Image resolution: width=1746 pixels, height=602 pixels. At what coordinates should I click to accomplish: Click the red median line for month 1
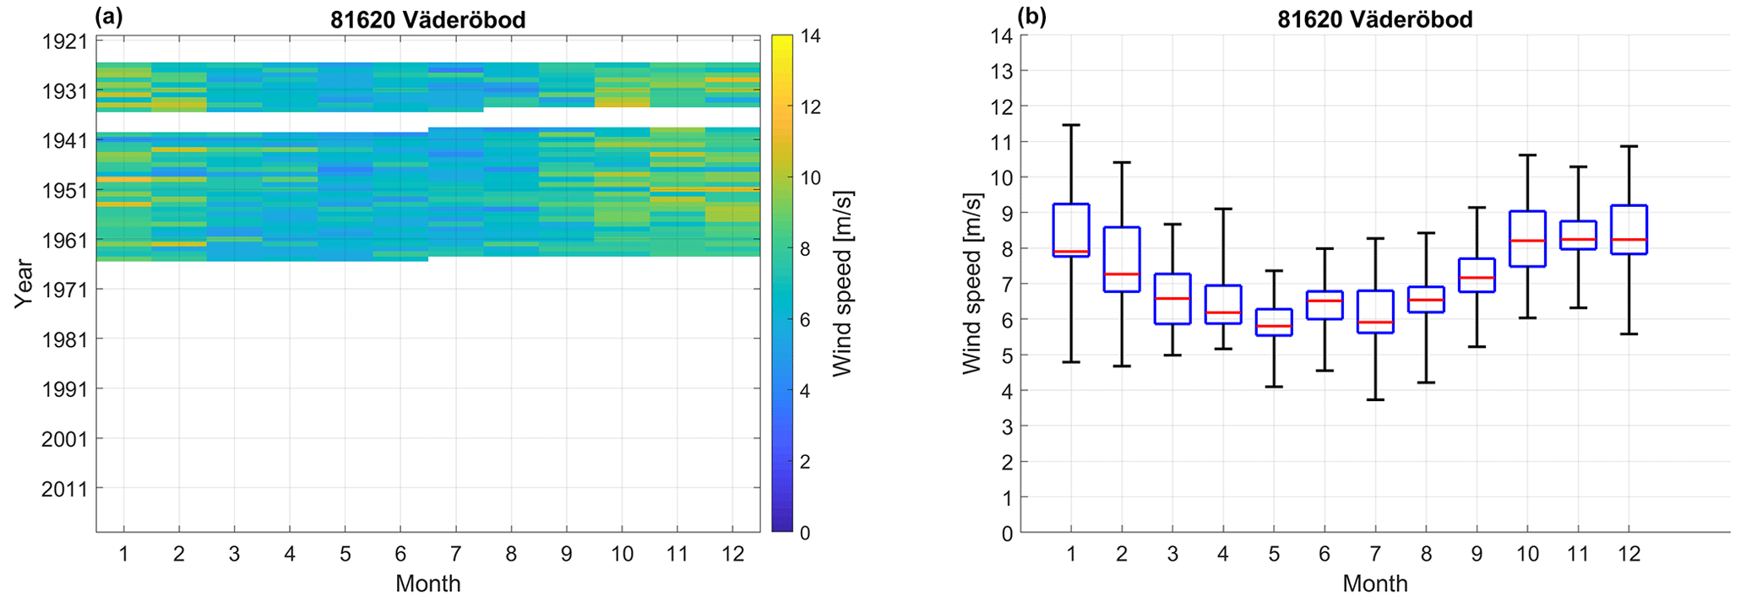(x=1071, y=252)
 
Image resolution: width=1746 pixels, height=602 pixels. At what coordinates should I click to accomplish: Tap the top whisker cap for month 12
(x=1629, y=146)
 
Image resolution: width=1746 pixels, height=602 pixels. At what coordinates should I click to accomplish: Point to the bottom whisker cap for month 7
(x=1375, y=399)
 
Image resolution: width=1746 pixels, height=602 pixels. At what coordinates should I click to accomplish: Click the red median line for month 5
(x=1274, y=326)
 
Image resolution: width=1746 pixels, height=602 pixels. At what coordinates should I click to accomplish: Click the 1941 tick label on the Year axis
(x=65, y=140)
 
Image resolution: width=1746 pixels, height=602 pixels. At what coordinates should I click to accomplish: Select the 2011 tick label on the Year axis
(x=65, y=489)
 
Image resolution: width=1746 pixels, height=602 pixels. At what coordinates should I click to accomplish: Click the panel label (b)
(x=1032, y=17)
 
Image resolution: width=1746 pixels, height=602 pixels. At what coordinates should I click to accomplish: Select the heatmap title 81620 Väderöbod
(x=427, y=19)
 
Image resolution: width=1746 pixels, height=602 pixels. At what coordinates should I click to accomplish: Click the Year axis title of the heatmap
(x=24, y=284)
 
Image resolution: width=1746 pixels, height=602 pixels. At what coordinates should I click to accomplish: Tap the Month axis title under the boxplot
(x=1374, y=583)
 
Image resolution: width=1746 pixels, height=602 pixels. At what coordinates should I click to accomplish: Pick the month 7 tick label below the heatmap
(x=455, y=554)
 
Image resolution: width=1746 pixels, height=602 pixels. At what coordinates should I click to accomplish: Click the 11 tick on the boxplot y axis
(x=1002, y=142)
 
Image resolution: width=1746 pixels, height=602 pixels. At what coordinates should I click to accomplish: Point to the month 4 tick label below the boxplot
(x=1223, y=554)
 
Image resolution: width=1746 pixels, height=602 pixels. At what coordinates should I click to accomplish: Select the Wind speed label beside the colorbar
(x=843, y=284)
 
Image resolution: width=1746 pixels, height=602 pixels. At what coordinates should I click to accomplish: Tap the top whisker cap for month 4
(x=1223, y=209)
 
